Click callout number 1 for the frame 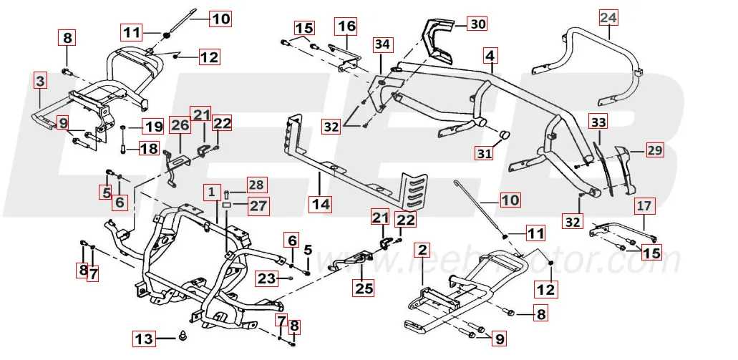[211, 192]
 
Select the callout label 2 [422, 250]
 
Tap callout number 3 [41, 82]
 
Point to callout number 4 [490, 54]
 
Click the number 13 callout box [144, 339]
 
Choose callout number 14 [321, 204]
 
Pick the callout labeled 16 [346, 26]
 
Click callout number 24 [608, 16]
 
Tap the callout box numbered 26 [180, 126]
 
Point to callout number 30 [477, 24]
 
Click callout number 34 [383, 44]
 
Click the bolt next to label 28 [227, 193]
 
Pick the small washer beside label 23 [293, 277]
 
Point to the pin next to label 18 [122, 149]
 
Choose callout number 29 [655, 150]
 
